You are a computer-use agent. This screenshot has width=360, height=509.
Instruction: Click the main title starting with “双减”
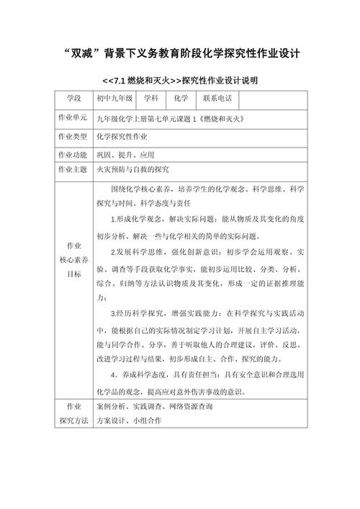180,53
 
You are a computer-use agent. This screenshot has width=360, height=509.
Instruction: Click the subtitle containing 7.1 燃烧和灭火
180,80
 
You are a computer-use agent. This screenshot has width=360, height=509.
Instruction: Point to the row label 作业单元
72,117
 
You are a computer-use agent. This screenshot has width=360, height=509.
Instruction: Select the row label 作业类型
72,136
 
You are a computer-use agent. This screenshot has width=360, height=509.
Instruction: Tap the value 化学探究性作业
123,136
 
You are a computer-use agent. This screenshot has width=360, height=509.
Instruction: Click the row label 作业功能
72,154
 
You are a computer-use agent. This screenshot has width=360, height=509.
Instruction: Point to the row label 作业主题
72,170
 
